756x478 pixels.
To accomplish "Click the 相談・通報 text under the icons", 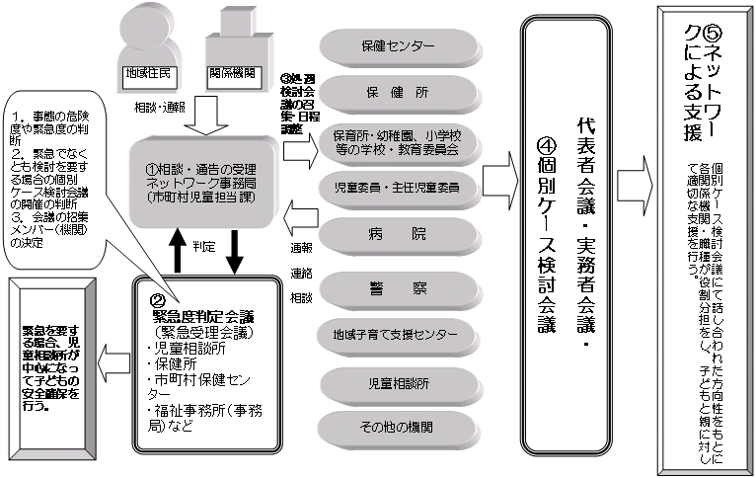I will pyautogui.click(x=158, y=104).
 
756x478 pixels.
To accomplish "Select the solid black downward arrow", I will pyautogui.click(x=235, y=252).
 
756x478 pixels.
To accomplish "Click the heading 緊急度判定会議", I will pyautogui.click(x=203, y=318).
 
